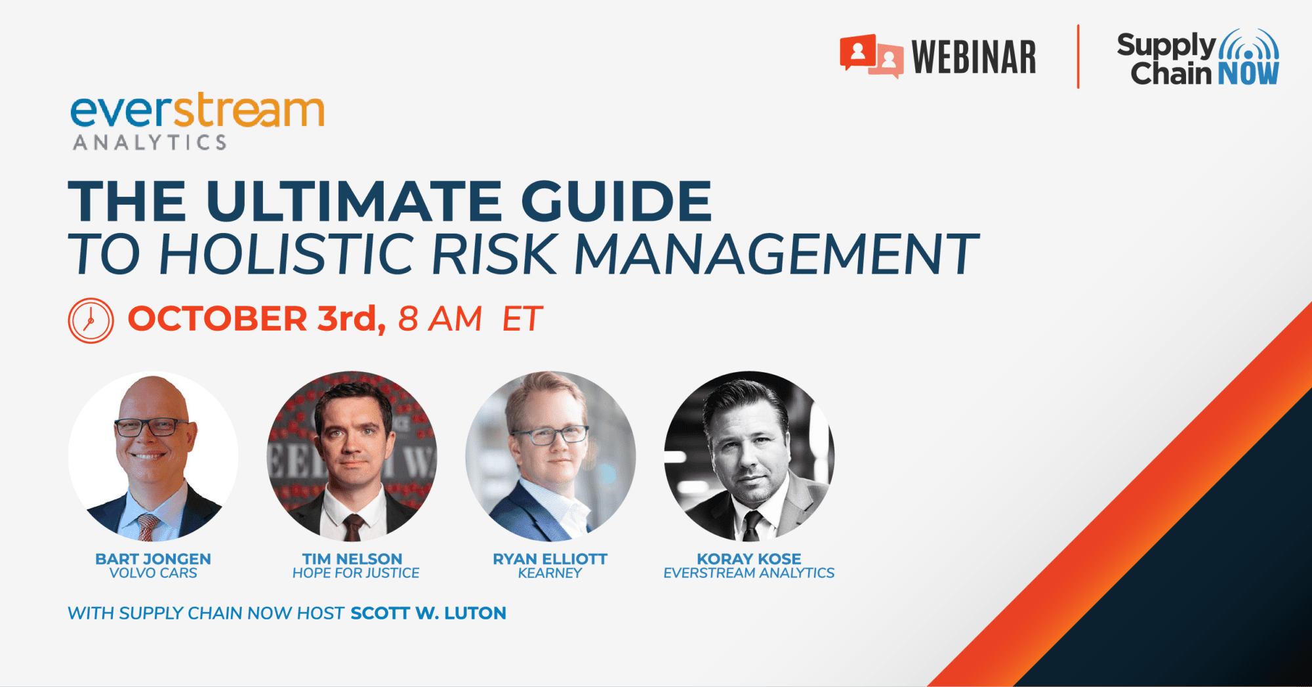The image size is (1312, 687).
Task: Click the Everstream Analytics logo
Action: pos(197,121)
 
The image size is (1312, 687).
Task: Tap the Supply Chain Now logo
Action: pos(1198,58)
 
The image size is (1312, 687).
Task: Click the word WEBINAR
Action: pos(974,58)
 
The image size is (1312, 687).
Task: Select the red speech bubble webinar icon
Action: pos(871,56)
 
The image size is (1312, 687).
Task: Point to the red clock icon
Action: pos(91,321)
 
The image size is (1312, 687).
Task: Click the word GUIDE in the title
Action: pos(617,201)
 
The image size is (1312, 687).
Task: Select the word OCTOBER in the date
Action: pos(217,319)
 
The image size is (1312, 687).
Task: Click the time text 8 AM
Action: pos(440,319)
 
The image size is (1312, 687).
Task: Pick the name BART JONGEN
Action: pos(153,559)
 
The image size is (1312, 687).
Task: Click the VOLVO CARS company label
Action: pos(153,573)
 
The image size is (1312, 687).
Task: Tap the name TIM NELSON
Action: pos(352,559)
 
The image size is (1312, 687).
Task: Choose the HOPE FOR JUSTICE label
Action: pos(356,573)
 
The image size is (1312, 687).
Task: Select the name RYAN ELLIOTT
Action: pos(550,559)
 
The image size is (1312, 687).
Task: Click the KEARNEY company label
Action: pos(550,573)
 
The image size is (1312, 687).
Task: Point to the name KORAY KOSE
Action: pos(749,559)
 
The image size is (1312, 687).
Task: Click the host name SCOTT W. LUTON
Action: pos(428,614)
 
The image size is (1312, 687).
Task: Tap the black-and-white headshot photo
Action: pos(749,457)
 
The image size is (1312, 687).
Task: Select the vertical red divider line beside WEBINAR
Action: pos(1078,56)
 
